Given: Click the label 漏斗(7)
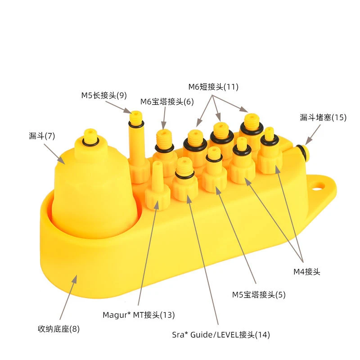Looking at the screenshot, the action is pyautogui.click(x=41, y=135).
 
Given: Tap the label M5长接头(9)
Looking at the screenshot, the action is pyautogui.click(x=104, y=95).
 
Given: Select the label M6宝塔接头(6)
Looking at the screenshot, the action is pyautogui.click(x=167, y=101).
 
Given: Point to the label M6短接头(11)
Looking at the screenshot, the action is pyautogui.click(x=213, y=86).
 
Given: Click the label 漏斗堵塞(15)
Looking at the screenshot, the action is pyautogui.click(x=323, y=117).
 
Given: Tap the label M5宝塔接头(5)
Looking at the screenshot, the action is pyautogui.click(x=259, y=295).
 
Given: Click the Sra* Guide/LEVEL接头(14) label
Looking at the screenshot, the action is pyautogui.click(x=221, y=335).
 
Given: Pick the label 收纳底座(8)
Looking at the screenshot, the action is pyautogui.click(x=58, y=328).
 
